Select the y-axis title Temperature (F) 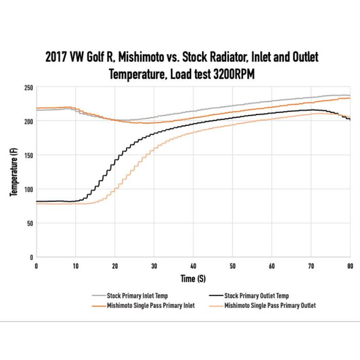13,172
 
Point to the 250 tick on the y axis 28,88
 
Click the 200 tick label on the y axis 28,121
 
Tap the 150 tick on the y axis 28,155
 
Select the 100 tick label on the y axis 28,189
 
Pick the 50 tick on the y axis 30,223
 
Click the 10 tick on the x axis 76,266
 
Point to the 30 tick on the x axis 154,266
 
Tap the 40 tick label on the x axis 193,266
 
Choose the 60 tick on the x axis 272,266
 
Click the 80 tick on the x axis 350,266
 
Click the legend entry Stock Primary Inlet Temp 137,296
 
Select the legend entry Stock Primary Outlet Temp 256,296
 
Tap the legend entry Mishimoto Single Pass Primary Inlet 151,305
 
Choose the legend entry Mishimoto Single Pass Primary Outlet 270,305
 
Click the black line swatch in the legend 216,296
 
